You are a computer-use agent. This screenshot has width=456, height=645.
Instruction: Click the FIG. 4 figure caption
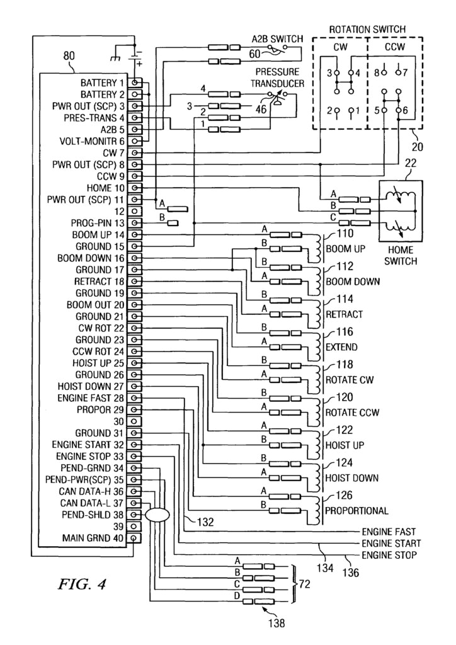[x=82, y=585]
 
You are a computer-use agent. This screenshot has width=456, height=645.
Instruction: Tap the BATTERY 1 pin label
[x=102, y=83]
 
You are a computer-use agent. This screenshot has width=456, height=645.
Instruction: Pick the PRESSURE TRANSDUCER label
[x=278, y=77]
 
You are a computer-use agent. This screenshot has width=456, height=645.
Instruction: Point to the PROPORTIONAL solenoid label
[x=356, y=510]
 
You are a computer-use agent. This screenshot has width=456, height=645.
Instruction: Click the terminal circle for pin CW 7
[x=135, y=153]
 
